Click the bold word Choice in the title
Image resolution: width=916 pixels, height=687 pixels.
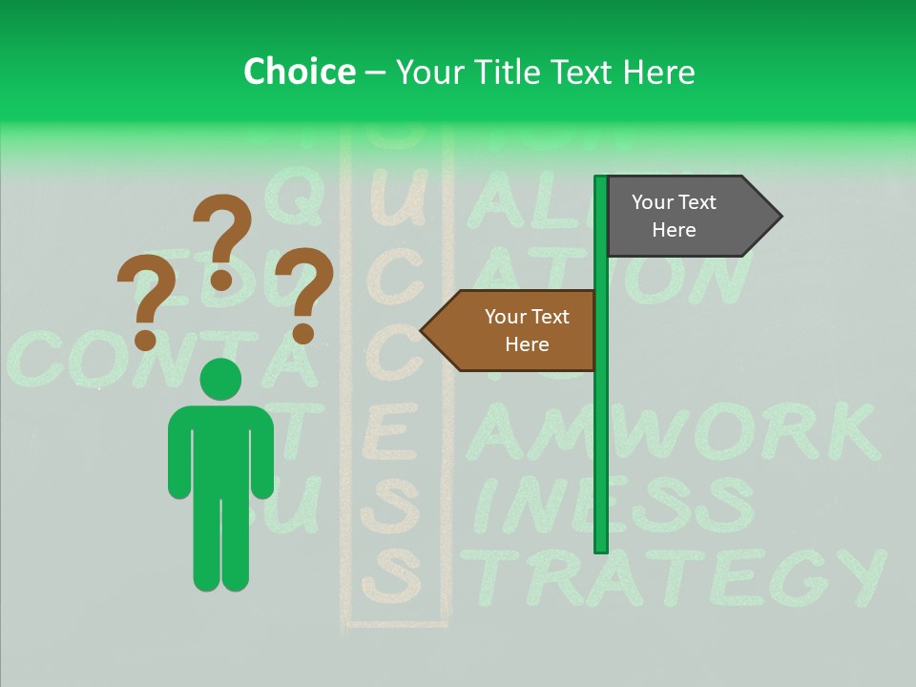(299, 72)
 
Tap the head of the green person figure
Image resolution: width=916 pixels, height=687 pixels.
(221, 380)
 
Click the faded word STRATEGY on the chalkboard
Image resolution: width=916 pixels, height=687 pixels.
(677, 577)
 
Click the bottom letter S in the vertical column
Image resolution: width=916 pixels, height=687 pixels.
(390, 577)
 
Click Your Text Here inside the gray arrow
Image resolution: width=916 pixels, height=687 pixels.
(674, 217)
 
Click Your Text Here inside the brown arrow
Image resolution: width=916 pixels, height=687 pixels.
(527, 330)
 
